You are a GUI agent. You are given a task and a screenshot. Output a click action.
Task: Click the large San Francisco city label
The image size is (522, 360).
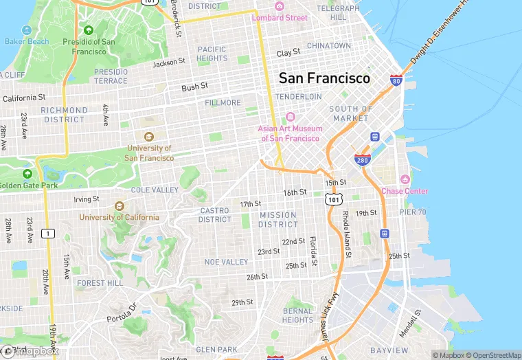click(x=324, y=78)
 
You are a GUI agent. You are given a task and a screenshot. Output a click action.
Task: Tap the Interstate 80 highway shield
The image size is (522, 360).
click(x=396, y=81)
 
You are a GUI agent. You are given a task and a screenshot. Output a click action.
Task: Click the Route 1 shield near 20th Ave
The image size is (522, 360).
click(x=47, y=233)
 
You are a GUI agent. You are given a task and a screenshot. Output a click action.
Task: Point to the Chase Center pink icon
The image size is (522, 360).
click(x=405, y=179)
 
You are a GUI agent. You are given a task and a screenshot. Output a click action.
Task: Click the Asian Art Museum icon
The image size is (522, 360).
click(x=289, y=117)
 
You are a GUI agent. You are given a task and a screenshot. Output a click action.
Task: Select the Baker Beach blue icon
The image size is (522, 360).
click(x=27, y=30)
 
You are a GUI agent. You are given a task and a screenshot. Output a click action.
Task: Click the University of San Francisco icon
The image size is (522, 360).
click(x=149, y=136)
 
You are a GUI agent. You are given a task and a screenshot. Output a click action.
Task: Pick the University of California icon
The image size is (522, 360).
click(x=119, y=205)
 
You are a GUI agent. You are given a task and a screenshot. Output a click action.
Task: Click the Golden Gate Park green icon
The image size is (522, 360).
click(x=27, y=174)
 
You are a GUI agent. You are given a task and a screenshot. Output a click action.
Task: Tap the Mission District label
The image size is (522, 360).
click(x=278, y=219)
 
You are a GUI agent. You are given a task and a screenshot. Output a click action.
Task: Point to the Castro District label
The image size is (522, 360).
click(x=215, y=215)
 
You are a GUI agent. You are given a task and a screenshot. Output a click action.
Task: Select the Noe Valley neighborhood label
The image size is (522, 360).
click(x=226, y=262)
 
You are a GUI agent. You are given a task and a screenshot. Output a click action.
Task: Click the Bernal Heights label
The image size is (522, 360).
click(x=297, y=315)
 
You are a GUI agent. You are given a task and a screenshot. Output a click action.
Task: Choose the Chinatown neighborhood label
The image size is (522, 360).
click(x=328, y=45)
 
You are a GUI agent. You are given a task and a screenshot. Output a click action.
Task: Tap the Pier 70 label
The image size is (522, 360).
click(x=413, y=212)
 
